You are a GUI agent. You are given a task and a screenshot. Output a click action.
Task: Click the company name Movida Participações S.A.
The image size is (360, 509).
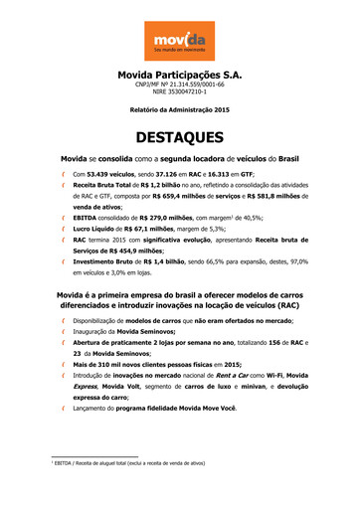coord(179,75)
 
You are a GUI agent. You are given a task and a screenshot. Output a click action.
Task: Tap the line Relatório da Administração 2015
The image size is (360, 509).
coord(179,112)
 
